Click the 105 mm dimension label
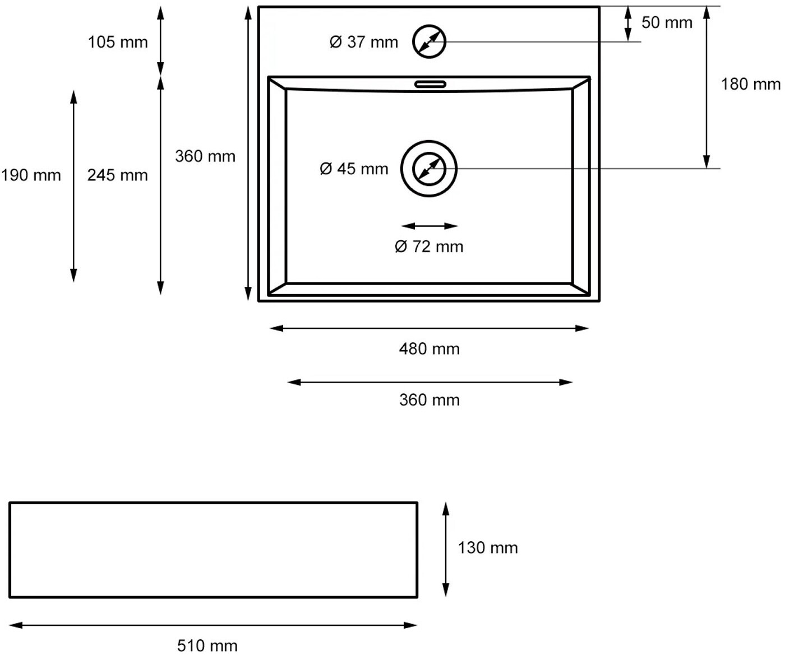[118, 42]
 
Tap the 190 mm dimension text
[31, 175]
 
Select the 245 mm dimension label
[118, 175]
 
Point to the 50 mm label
[667, 22]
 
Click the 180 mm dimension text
[750, 84]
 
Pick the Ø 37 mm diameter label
[363, 42]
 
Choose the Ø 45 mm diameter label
[354, 169]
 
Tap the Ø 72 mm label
[429, 247]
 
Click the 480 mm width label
[430, 349]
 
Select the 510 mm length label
[207, 646]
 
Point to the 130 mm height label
[488, 548]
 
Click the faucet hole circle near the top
[429, 25]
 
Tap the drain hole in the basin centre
[429, 141]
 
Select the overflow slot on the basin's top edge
[430, 85]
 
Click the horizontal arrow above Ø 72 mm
[430, 226]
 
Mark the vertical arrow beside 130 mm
[446, 550]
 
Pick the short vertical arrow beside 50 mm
[628, 24]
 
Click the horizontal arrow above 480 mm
[429, 328]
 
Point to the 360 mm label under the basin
[430, 400]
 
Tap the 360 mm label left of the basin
[205, 156]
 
